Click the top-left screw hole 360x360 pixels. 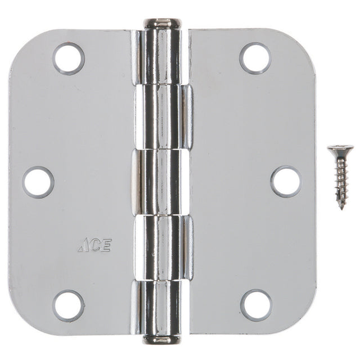tap(69, 58)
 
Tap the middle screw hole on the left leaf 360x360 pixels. tap(38, 182)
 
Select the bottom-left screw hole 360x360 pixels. tap(69, 305)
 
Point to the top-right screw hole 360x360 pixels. tap(255, 58)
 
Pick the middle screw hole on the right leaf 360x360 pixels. tap(285, 182)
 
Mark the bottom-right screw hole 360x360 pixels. tap(256, 305)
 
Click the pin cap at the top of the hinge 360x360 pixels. tap(162, 23)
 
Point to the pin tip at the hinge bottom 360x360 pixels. tap(162, 339)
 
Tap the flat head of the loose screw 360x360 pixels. tap(340, 149)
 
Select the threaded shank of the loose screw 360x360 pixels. tap(341, 180)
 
